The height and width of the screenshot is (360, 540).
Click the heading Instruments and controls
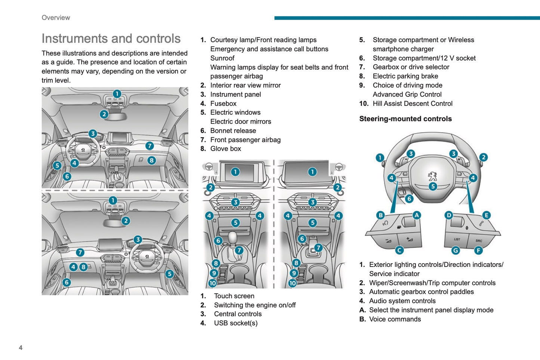[x=111, y=39]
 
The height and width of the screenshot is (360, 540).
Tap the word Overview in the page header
[x=56, y=18]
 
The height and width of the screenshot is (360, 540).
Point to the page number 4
[x=21, y=348]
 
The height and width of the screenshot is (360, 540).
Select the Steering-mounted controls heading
[x=405, y=119]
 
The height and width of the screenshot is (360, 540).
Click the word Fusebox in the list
[x=223, y=104]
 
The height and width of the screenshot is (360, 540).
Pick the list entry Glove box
[x=225, y=149]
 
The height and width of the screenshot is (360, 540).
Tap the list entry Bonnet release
[x=233, y=131]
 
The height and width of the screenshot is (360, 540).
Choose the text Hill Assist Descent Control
[x=412, y=104]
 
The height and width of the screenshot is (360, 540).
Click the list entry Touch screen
[x=234, y=296]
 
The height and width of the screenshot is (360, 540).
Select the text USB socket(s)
[x=235, y=323]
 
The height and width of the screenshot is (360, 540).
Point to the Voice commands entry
[x=395, y=319]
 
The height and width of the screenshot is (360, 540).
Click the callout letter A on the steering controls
[x=417, y=215]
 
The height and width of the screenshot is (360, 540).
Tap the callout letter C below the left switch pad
[x=399, y=250]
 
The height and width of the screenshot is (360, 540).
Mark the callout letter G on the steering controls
[x=456, y=250]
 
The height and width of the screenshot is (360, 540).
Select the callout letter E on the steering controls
[x=486, y=215]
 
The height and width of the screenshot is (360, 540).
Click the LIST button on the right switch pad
[x=457, y=239]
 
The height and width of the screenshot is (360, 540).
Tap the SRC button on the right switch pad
[x=479, y=240]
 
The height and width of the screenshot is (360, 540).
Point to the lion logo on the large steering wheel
[x=432, y=176]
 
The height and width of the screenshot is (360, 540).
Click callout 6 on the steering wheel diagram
[x=409, y=199]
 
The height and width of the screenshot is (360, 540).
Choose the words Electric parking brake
[x=405, y=76]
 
